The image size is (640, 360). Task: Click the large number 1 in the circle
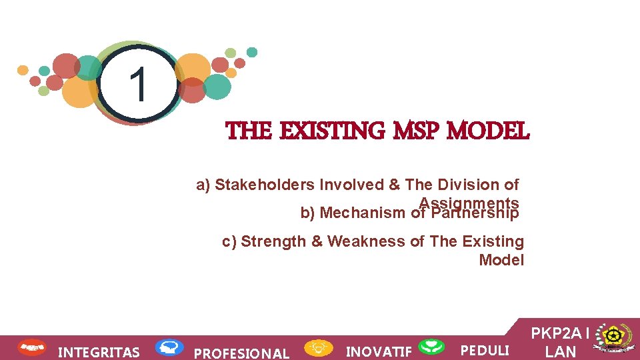pos(138,85)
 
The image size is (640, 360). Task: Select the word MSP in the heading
pos(417,131)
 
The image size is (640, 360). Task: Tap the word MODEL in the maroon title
pos(489,131)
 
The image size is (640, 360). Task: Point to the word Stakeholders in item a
pos(267,185)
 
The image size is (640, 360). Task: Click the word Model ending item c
pos(501,260)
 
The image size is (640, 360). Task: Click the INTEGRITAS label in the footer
pos(99,352)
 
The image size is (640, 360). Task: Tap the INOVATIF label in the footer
pos(379,351)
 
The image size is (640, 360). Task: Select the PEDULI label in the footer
pos(485,351)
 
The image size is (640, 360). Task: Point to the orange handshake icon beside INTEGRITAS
pos(31,347)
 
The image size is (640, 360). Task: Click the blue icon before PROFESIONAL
pos(169,347)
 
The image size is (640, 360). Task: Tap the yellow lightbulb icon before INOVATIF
pos(319,347)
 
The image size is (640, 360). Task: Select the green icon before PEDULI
pos(431,347)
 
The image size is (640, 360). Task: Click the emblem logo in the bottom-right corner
pos(613,339)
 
